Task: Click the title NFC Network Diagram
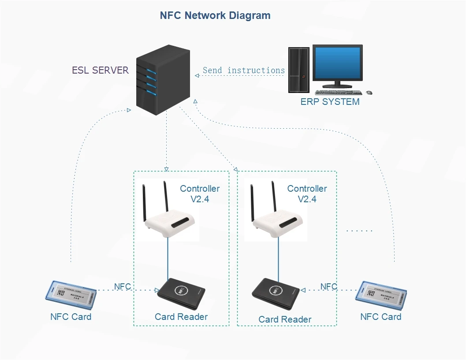[x=215, y=15]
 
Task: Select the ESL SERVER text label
[x=101, y=71]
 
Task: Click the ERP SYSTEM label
[x=330, y=102]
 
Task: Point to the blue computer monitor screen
[x=338, y=63]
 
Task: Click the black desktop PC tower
[x=298, y=70]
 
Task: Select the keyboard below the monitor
[x=338, y=93]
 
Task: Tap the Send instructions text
[x=243, y=71]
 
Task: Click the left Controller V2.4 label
[x=200, y=194]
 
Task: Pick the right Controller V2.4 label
[x=307, y=194]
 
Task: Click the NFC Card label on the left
[x=71, y=317]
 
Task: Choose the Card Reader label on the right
[x=285, y=319]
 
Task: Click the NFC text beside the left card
[x=123, y=287]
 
